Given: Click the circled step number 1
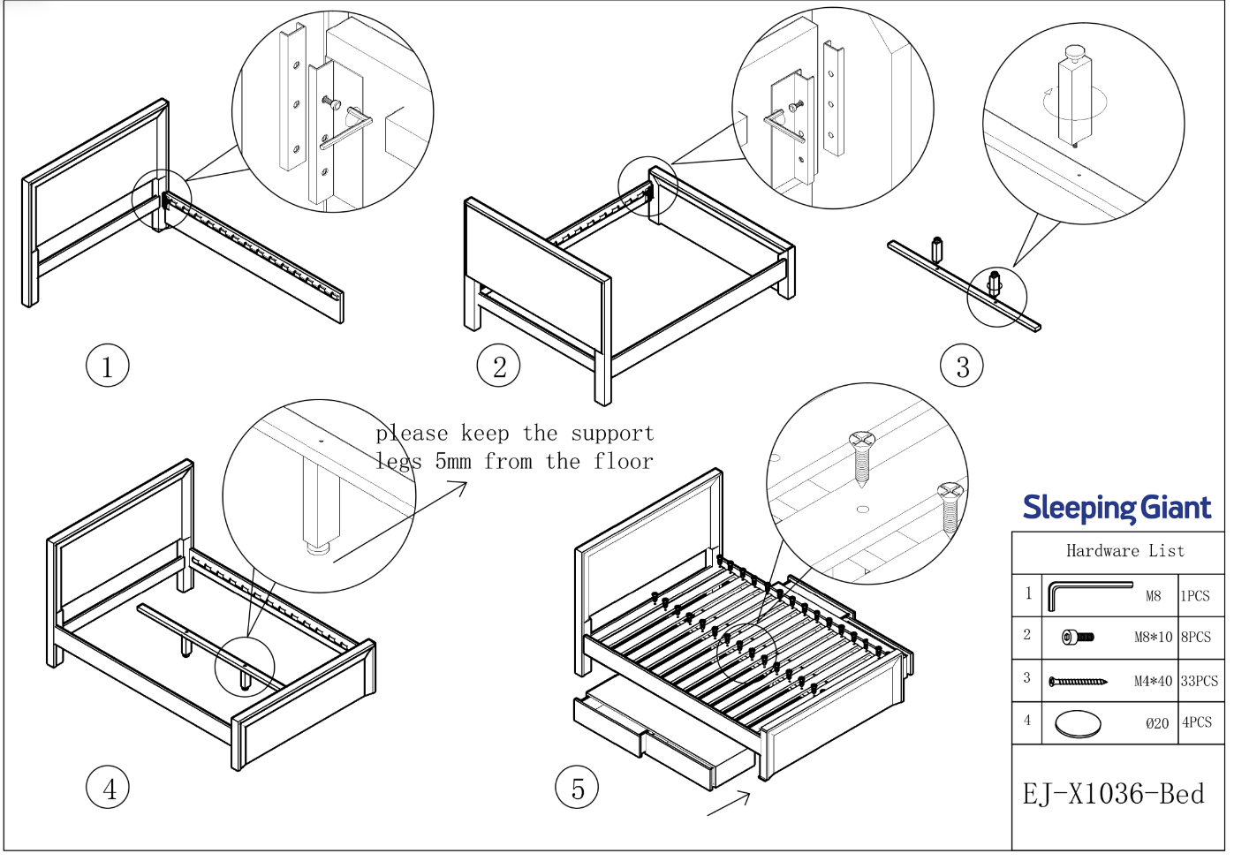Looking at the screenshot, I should [108, 366].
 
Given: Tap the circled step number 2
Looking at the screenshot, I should [499, 366].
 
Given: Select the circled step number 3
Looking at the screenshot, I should [962, 366].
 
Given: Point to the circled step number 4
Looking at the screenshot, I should [108, 788].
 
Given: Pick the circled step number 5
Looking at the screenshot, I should [577, 788].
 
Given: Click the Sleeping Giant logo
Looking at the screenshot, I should [1117, 508].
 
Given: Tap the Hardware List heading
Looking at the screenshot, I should [1124, 551].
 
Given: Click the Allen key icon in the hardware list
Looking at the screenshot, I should [1088, 594].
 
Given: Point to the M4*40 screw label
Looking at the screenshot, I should [1153, 681].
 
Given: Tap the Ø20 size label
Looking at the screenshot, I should [1157, 723].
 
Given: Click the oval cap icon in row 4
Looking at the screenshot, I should [1078, 724].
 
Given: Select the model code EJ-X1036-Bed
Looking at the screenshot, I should [1113, 794].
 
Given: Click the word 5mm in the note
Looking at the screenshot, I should [452, 461].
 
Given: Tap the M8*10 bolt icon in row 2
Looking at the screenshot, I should [1078, 637].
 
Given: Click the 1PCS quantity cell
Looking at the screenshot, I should [1195, 596].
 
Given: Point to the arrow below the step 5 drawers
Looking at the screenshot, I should [730, 804].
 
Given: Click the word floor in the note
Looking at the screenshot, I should [623, 461].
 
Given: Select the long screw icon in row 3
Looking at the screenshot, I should [1078, 681].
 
